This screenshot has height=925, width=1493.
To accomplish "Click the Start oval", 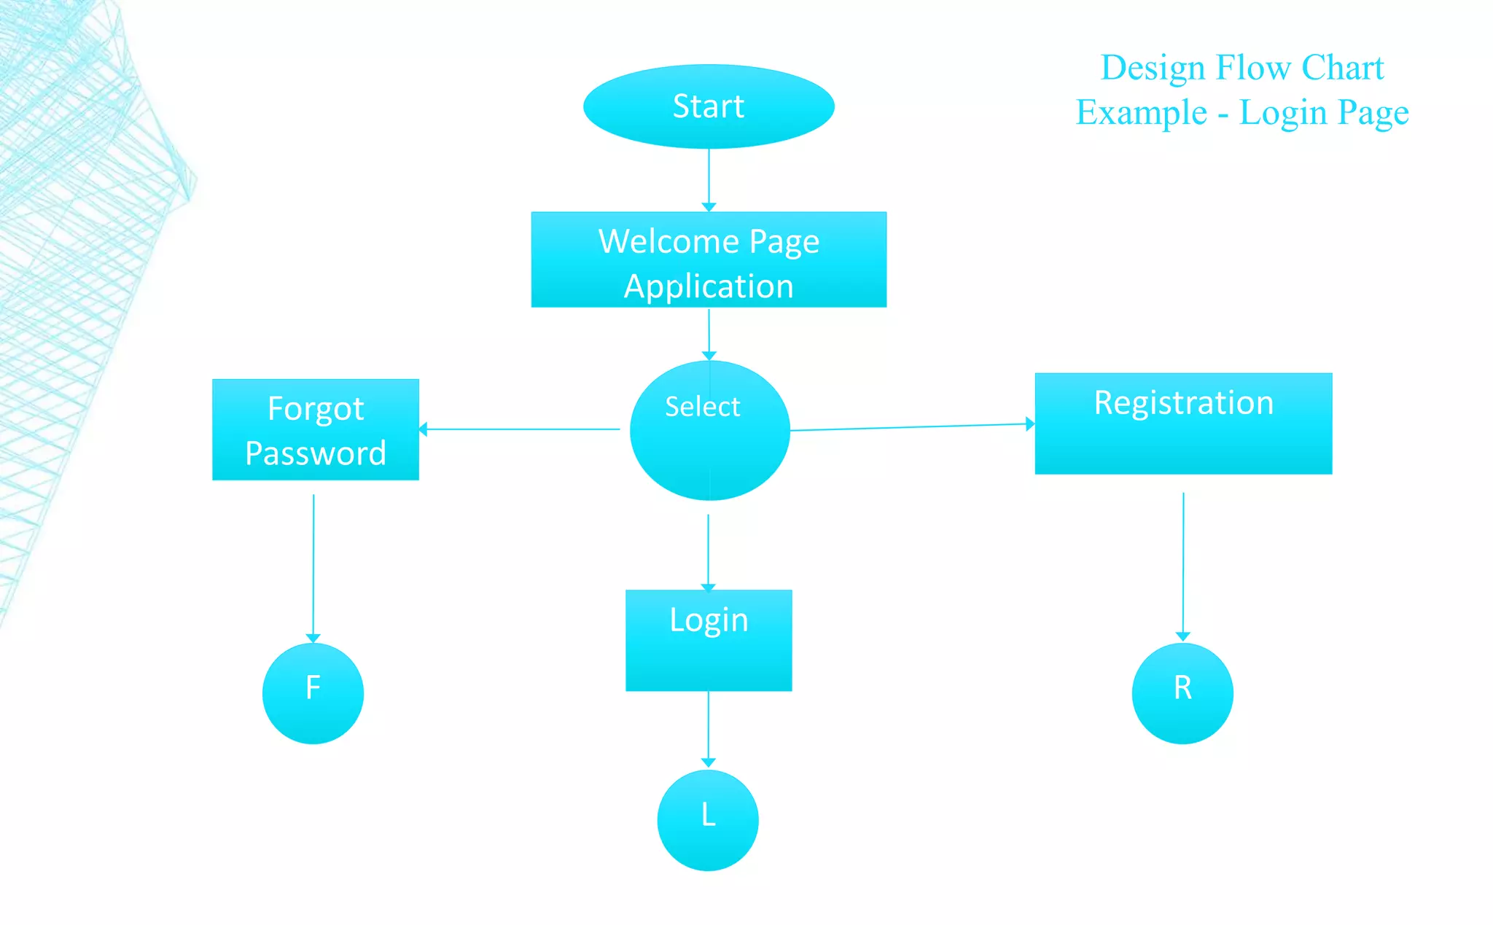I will click(709, 106).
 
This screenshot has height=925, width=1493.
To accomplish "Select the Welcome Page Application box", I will click(709, 259).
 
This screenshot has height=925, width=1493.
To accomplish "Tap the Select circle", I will click(709, 430).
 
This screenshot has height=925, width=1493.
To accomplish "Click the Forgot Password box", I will click(315, 429).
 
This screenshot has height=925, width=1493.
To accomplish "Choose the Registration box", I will click(1183, 424).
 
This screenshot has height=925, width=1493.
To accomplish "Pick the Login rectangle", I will click(709, 640).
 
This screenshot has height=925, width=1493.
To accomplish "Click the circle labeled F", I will click(313, 692).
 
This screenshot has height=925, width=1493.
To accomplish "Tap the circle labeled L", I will click(708, 819).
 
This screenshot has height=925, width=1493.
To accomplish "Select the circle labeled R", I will click(1182, 692).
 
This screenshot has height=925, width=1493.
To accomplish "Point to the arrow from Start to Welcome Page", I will click(709, 179).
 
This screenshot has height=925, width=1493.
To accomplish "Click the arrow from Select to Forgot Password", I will click(521, 429).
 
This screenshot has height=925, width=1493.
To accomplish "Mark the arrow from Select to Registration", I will click(911, 427).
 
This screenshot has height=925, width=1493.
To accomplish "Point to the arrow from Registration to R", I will click(1183, 564).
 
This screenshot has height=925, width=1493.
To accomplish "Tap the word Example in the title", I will click(1142, 113).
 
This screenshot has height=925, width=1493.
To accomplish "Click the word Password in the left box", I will click(316, 453).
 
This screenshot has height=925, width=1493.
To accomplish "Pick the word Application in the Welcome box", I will click(709, 286).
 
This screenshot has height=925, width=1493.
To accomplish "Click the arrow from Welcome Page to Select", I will click(709, 333).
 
